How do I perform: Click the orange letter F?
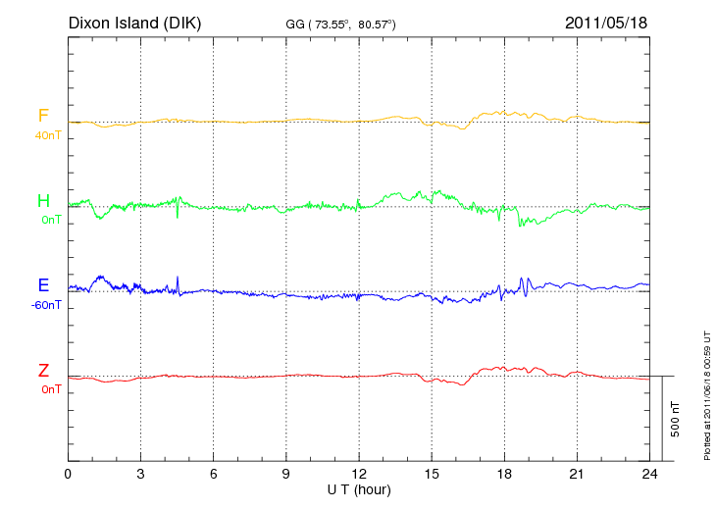tap(43, 117)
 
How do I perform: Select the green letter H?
tap(43, 201)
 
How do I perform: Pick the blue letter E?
tap(43, 286)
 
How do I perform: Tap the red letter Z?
tap(43, 371)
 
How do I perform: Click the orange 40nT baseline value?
tap(48, 135)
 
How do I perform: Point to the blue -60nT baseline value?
tap(46, 305)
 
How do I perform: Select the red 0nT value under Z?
tap(51, 389)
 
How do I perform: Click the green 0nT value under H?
tap(51, 220)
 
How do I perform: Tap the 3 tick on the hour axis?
tap(140, 474)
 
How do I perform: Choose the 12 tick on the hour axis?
tap(359, 474)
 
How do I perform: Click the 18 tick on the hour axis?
tap(504, 474)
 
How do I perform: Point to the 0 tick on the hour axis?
tap(68, 474)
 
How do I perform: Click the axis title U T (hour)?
tap(359, 488)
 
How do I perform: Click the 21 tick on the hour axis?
tap(577, 474)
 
